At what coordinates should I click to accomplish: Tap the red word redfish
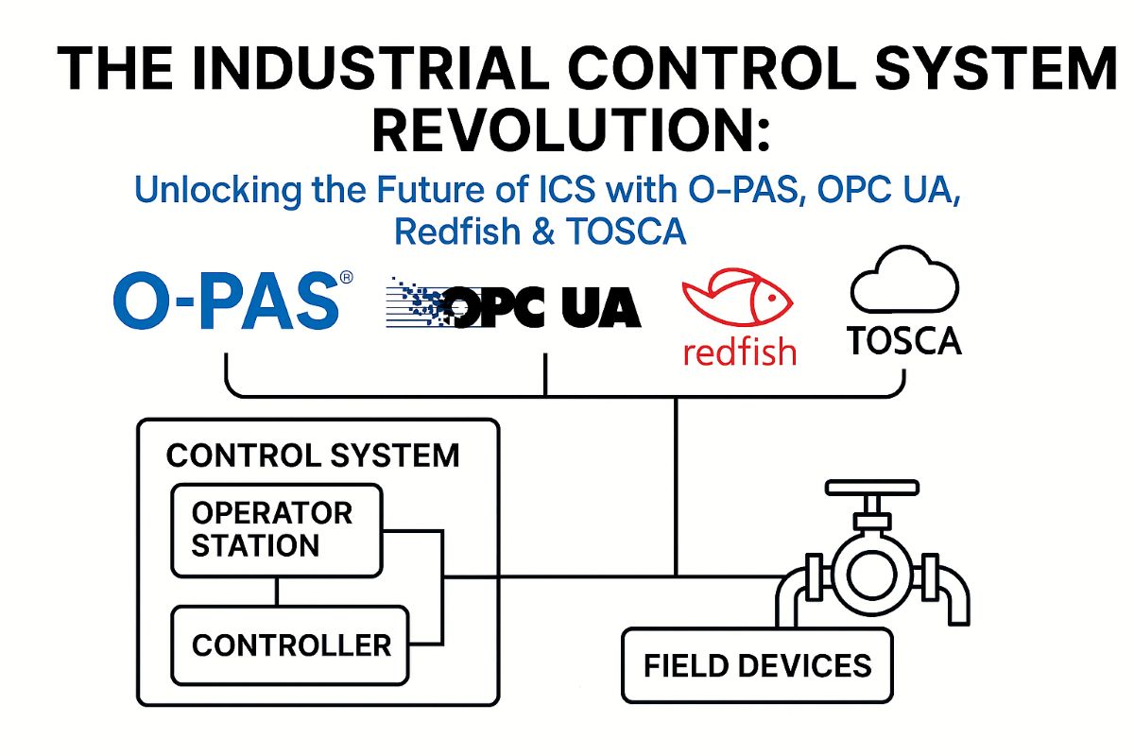click(x=738, y=351)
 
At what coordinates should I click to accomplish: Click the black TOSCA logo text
click(x=904, y=340)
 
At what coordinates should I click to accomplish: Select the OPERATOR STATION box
click(x=276, y=530)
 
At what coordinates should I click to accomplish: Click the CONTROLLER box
click(x=290, y=645)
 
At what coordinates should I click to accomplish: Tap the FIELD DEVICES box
click(x=757, y=665)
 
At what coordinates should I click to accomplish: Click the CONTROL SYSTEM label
click(x=313, y=455)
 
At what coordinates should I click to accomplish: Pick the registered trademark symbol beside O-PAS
click(x=346, y=278)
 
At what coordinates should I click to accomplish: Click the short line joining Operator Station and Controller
click(x=277, y=592)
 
